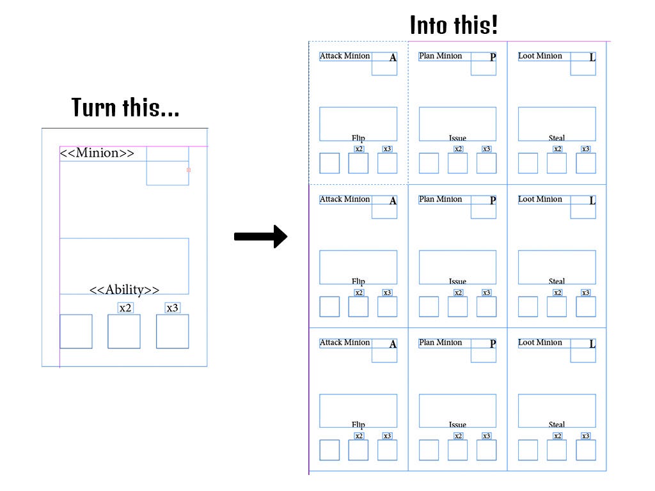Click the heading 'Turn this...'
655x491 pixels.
[125, 107]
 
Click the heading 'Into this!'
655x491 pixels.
[454, 26]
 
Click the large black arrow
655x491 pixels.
[260, 237]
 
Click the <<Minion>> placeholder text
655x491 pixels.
[97, 153]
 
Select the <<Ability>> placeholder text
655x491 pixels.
[124, 290]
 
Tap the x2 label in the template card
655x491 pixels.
[125, 308]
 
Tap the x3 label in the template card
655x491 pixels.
[172, 308]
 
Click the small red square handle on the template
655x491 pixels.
[188, 170]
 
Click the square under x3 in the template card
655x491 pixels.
[172, 331]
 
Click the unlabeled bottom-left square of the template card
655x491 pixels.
[76, 331]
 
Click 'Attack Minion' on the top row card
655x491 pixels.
[345, 56]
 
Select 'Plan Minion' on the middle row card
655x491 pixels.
[440, 199]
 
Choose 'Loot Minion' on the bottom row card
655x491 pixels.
[540, 343]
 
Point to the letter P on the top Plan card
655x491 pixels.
[493, 58]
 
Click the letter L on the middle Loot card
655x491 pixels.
[592, 201]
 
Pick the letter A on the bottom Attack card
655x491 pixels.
[393, 344]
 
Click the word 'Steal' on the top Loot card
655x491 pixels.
[556, 138]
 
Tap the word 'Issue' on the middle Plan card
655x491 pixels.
[457, 281]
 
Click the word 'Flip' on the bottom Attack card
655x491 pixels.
[358, 425]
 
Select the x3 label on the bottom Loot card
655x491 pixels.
[585, 436]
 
